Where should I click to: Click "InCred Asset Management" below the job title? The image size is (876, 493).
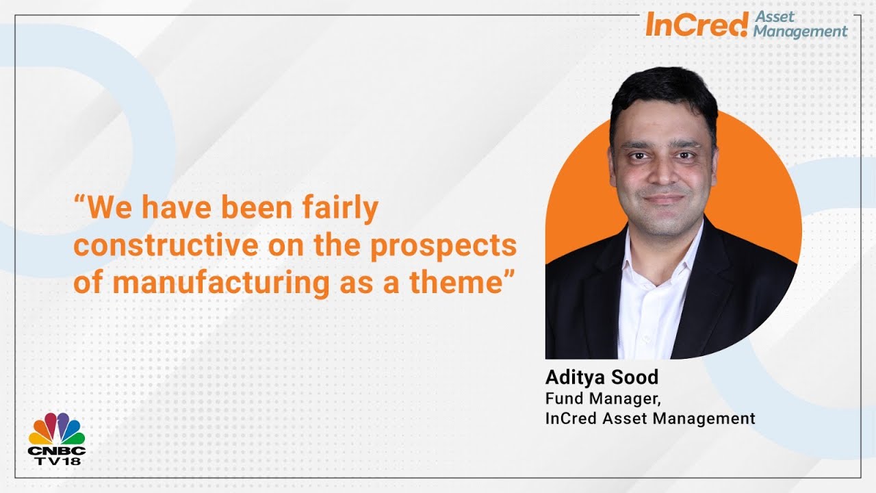tap(650, 418)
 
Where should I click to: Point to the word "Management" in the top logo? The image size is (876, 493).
tap(800, 32)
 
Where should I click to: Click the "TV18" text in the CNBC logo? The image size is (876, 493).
tap(57, 462)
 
